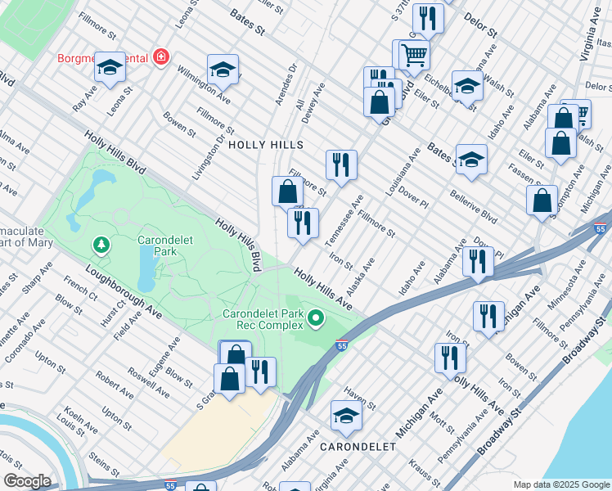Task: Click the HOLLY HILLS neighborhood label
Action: tap(265, 145)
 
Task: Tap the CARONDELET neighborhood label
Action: tap(358, 447)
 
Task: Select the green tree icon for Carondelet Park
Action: tap(101, 245)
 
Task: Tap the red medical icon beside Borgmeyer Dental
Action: tap(161, 57)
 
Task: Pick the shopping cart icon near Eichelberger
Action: tap(415, 55)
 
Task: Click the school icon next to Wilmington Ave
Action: tap(222, 70)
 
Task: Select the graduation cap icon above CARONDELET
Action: tap(346, 417)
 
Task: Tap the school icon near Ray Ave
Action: tap(109, 69)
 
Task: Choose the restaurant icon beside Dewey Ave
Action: tap(341, 164)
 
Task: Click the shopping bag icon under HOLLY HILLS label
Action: tap(287, 192)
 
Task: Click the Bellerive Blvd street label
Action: tap(473, 207)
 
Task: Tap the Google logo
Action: tap(26, 481)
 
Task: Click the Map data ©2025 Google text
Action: tap(560, 484)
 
